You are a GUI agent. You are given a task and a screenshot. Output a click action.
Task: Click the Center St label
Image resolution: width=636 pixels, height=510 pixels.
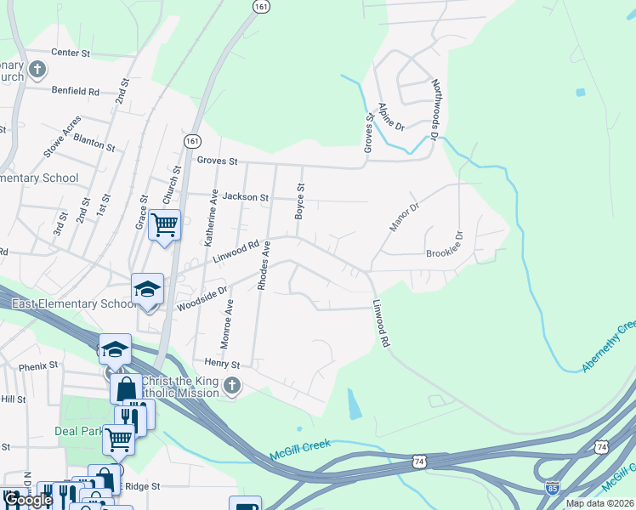71,53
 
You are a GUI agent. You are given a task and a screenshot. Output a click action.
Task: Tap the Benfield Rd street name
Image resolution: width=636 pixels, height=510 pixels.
75,91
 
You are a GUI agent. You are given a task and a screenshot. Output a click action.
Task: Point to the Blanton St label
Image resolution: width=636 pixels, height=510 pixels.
94,141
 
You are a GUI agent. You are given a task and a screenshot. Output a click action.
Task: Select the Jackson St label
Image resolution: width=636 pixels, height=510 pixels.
246,197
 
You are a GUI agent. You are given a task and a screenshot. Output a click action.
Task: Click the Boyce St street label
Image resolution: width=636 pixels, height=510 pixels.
299,201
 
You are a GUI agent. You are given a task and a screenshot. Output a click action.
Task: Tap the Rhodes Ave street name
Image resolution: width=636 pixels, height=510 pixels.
264,268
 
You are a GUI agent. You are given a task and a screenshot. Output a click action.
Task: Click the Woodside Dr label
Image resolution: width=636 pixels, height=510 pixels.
202,298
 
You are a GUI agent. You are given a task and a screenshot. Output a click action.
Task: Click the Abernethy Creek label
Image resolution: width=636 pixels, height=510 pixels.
609,347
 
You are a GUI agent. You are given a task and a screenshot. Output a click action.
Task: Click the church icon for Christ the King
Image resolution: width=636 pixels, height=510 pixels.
232,387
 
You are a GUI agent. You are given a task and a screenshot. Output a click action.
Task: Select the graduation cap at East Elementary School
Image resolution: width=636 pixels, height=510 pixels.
147,288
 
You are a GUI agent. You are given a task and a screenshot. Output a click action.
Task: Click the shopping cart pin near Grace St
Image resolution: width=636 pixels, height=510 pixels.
164,225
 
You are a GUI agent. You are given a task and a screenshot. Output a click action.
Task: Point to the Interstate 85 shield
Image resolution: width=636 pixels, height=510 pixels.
553,487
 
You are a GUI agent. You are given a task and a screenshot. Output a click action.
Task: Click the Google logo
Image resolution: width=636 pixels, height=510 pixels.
27,500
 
